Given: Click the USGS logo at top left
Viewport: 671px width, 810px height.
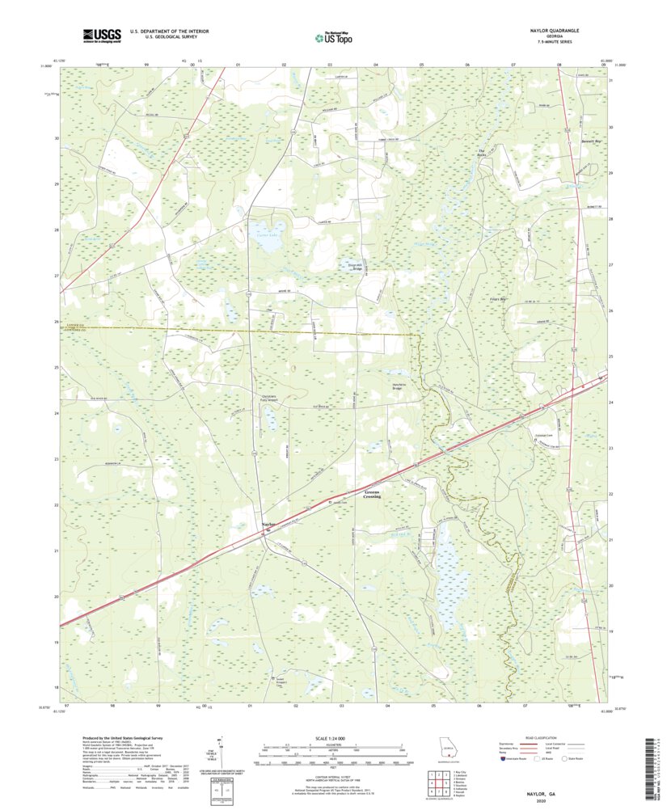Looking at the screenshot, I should (x=102, y=35).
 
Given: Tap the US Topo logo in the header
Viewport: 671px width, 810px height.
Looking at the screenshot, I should (x=334, y=36).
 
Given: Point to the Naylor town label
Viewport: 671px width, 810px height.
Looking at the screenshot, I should (x=269, y=526).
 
